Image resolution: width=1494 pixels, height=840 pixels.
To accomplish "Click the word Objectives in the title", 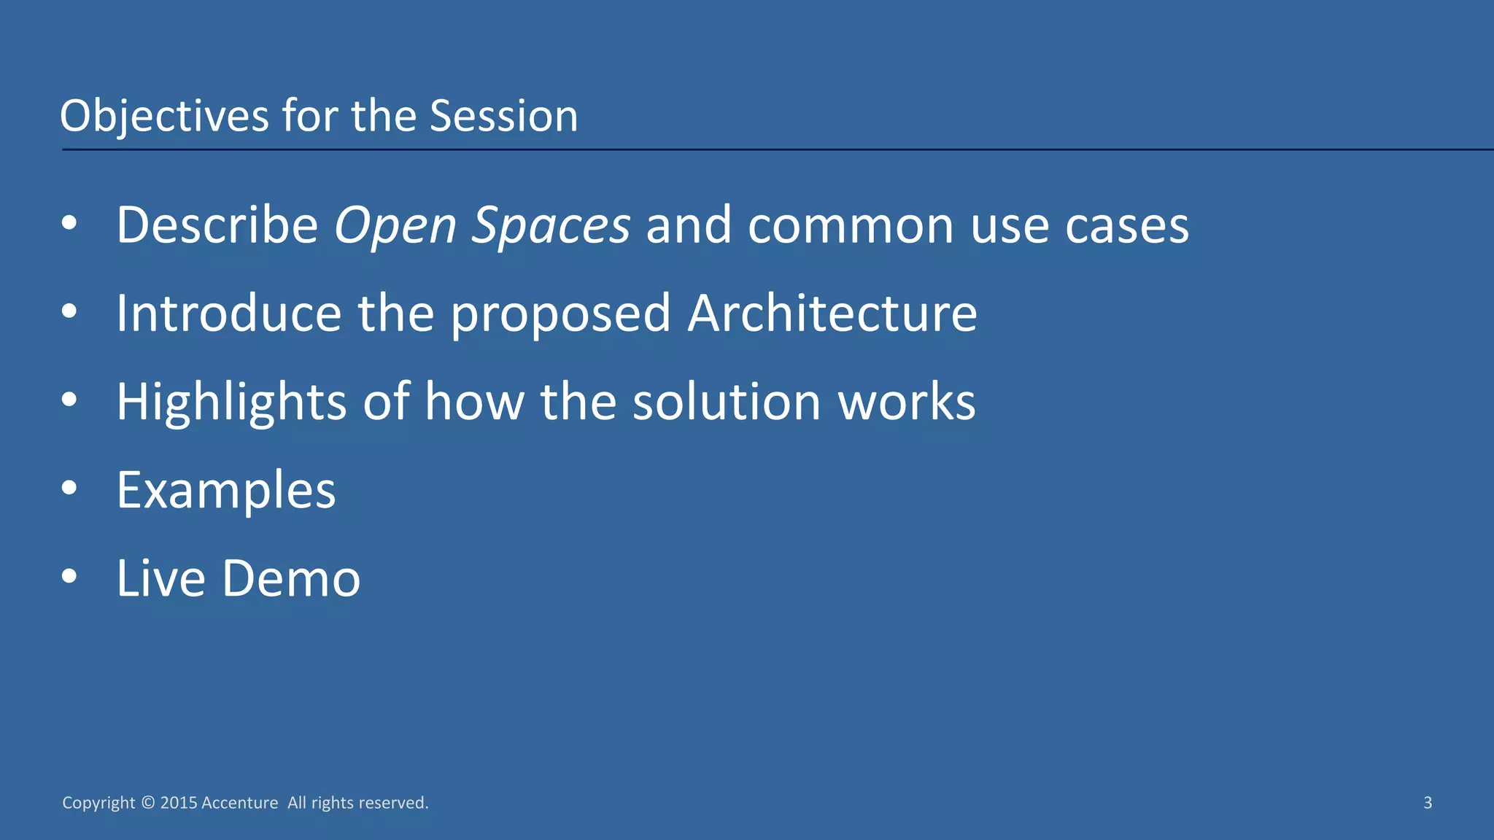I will click(164, 117).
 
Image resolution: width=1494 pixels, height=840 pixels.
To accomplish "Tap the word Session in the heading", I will click(503, 117).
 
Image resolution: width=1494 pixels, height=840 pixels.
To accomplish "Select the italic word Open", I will click(395, 226).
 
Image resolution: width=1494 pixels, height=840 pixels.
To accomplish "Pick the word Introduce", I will click(228, 313).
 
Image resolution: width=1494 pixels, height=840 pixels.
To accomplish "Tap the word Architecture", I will click(832, 313).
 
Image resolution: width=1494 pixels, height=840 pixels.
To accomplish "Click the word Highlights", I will click(231, 402).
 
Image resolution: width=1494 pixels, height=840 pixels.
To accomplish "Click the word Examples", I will click(226, 491).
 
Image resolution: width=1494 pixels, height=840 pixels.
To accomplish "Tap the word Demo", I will click(290, 578).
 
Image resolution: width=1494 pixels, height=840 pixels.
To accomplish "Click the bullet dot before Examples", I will click(69, 488).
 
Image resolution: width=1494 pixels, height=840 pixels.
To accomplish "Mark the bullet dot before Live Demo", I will click(69, 576).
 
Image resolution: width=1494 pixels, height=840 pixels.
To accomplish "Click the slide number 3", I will click(1428, 803).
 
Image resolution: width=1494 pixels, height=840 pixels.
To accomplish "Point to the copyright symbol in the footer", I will click(148, 803).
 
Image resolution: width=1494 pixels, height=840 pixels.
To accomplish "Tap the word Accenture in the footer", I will click(239, 803).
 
